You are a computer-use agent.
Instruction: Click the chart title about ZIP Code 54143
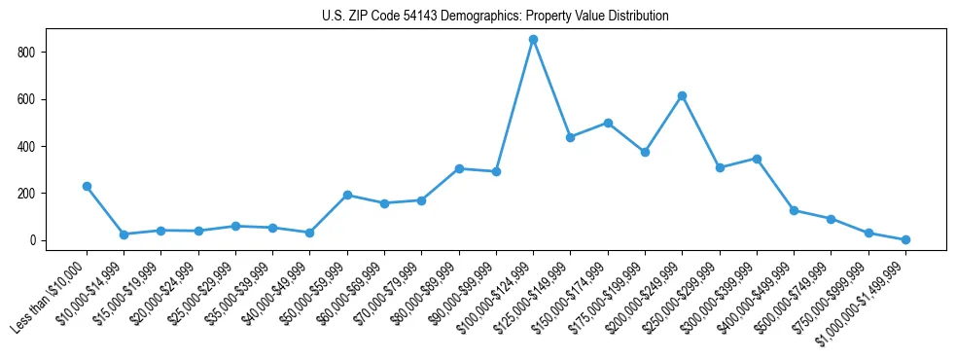[495, 17]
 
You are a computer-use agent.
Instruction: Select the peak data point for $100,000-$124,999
[533, 39]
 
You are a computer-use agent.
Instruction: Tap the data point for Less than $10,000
[87, 186]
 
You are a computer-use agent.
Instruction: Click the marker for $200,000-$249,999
[682, 95]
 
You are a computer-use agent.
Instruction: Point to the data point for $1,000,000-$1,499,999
[905, 239]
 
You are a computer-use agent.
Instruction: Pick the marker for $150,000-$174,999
[608, 123]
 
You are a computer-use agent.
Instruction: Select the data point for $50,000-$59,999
[347, 195]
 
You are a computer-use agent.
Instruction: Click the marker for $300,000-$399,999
[757, 159]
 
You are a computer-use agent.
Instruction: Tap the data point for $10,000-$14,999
[124, 234]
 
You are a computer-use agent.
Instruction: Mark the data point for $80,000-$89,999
[459, 168]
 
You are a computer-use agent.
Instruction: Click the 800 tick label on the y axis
[32, 53]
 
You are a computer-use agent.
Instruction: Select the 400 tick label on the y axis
[32, 147]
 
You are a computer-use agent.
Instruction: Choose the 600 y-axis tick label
[32, 99]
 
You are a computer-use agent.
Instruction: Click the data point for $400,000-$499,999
[794, 210]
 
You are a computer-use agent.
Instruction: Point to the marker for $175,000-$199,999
[645, 152]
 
